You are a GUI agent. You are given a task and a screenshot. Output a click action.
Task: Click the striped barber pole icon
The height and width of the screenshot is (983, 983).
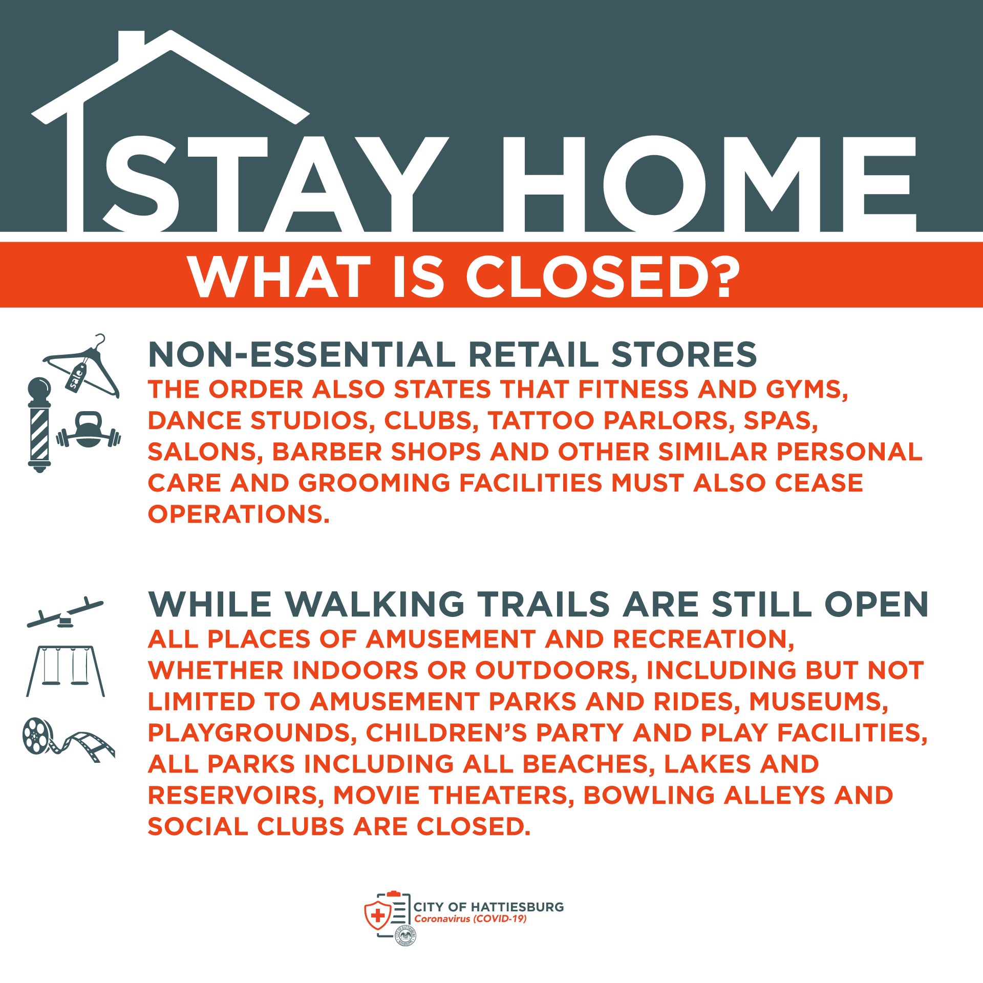click(x=39, y=425)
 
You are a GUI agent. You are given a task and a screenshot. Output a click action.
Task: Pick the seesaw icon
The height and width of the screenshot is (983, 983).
click(x=65, y=613)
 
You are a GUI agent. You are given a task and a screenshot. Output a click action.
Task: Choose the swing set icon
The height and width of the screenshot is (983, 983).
click(x=66, y=671)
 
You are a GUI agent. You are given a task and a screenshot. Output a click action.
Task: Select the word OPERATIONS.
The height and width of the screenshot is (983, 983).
click(x=239, y=514)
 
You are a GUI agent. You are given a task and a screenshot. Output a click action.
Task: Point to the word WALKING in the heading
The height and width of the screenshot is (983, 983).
click(x=375, y=604)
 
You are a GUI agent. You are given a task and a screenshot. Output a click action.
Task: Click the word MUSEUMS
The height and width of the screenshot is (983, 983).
click(x=819, y=701)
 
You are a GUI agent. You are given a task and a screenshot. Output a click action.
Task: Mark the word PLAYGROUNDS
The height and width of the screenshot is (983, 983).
click(x=252, y=733)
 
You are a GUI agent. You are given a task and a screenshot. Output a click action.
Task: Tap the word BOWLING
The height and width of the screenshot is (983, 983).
click(x=649, y=795)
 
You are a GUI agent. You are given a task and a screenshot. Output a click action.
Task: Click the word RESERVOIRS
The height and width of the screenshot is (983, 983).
click(x=236, y=795)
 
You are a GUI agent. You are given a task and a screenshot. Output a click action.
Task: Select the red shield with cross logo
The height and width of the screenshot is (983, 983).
click(x=377, y=915)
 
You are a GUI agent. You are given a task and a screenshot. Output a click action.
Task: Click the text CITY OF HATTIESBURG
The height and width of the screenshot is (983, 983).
click(x=488, y=907)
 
